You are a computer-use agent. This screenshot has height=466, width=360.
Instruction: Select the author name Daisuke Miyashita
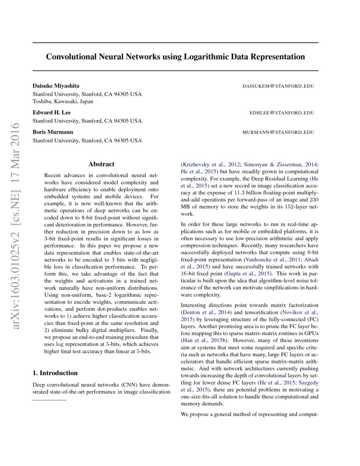coord(56,86)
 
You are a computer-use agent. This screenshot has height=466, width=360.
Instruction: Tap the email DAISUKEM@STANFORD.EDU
coord(278,86)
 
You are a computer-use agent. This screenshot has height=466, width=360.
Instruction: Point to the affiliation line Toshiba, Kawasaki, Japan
coord(63,101)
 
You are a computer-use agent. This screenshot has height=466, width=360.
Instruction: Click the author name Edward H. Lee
coord(52,113)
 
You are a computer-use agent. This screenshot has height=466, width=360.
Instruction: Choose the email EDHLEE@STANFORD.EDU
coord(282,113)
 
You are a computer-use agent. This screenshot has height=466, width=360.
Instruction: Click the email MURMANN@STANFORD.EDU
coord(278,132)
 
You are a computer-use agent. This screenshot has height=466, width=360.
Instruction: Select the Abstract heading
coord(101,164)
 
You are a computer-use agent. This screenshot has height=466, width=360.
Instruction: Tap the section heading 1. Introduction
coord(55,373)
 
